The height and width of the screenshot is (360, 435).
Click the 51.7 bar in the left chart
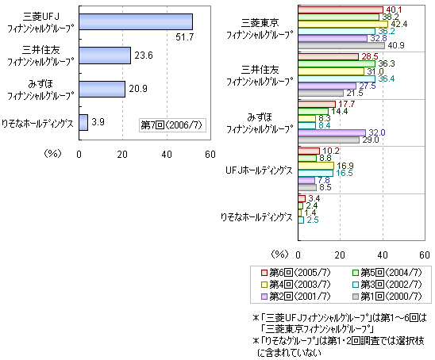tap(136, 21)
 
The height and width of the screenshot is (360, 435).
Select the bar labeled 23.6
tap(105, 56)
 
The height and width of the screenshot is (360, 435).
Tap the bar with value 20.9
tap(102, 90)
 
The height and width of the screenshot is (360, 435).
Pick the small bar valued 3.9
tap(83, 122)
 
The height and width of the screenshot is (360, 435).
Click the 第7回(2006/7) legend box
tap(172, 125)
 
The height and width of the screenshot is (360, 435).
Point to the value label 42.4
tap(398, 24)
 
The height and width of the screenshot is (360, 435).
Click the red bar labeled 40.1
tap(341, 10)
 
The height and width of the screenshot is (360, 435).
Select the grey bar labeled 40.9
tap(341, 46)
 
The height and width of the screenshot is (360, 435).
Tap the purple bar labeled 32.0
tap(332, 132)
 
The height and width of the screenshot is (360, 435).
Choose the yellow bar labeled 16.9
tap(316, 166)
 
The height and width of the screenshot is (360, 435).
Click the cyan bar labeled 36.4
tap(337, 79)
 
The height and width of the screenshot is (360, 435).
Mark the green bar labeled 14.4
tap(314, 111)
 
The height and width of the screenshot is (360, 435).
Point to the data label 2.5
tap(313, 220)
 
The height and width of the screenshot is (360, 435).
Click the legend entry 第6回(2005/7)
tap(296, 273)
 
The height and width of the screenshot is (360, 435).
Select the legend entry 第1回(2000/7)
tap(387, 297)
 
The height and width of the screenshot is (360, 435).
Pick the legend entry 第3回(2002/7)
tap(387, 285)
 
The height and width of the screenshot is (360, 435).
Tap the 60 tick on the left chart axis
tap(210, 155)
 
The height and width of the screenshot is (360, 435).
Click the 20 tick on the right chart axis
tap(340, 255)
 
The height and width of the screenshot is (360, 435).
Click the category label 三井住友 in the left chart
tap(41, 50)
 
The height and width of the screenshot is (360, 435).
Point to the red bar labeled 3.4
tap(302, 199)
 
